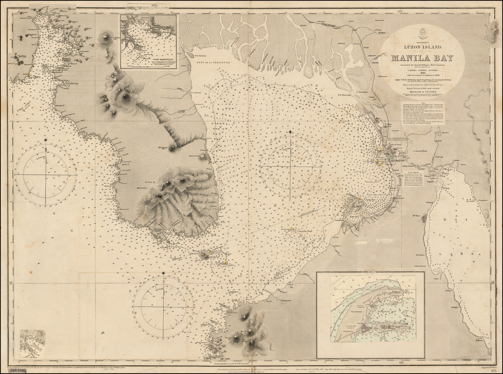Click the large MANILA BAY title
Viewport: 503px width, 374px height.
[421, 58]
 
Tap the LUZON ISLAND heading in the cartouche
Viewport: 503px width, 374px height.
[421, 47]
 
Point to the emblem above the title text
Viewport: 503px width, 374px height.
[421, 34]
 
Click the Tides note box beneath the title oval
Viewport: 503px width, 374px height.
[423, 113]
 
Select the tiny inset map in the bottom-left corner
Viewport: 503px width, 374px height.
[32, 344]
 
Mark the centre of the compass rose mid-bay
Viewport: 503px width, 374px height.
[290, 167]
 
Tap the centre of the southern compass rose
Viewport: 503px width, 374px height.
[164, 307]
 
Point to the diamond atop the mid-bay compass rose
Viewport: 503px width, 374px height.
[290, 132]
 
